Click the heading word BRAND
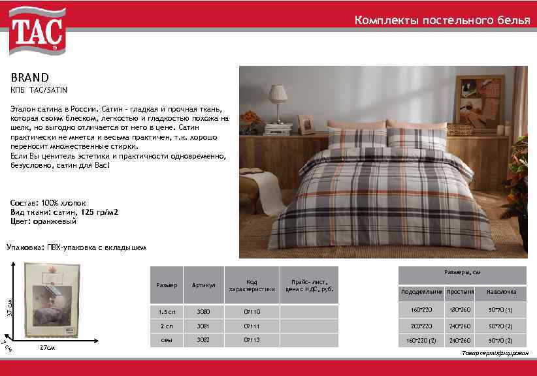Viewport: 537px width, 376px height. [29, 77]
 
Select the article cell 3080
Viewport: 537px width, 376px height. [204, 311]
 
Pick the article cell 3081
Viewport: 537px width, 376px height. [204, 325]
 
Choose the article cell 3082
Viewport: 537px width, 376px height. [204, 339]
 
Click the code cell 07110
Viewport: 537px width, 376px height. [252, 311]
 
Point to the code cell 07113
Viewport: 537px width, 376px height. [252, 339]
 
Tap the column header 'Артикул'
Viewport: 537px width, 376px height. [204, 285]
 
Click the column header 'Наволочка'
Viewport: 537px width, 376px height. [501, 291]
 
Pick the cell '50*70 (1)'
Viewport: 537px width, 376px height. [501, 309]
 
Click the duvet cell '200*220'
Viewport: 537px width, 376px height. [421, 325]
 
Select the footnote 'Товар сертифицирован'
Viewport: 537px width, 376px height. [495, 352]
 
